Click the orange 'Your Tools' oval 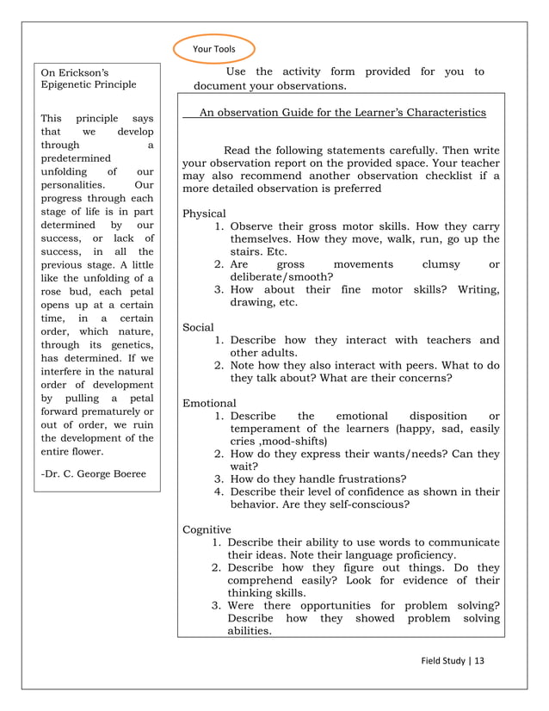click(x=214, y=49)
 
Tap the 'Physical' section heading click(x=205, y=213)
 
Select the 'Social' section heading click(x=199, y=327)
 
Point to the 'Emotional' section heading click(x=209, y=403)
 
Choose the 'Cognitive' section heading click(x=207, y=529)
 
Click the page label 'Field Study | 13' click(x=453, y=661)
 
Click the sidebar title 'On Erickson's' click(x=76, y=72)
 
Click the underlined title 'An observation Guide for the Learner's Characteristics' click(x=342, y=113)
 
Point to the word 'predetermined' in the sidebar click(x=77, y=159)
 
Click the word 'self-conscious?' click(x=366, y=504)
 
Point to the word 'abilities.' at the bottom click(x=250, y=631)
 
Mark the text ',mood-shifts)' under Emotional click(x=291, y=442)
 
